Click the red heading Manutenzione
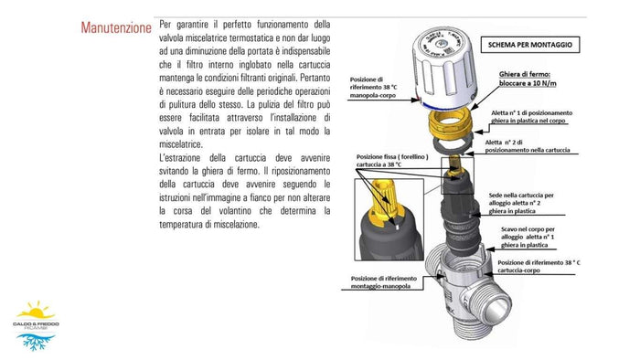(x=116, y=27)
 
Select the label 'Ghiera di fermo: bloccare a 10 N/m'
(x=540, y=81)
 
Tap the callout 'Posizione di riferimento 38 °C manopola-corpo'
(x=379, y=87)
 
